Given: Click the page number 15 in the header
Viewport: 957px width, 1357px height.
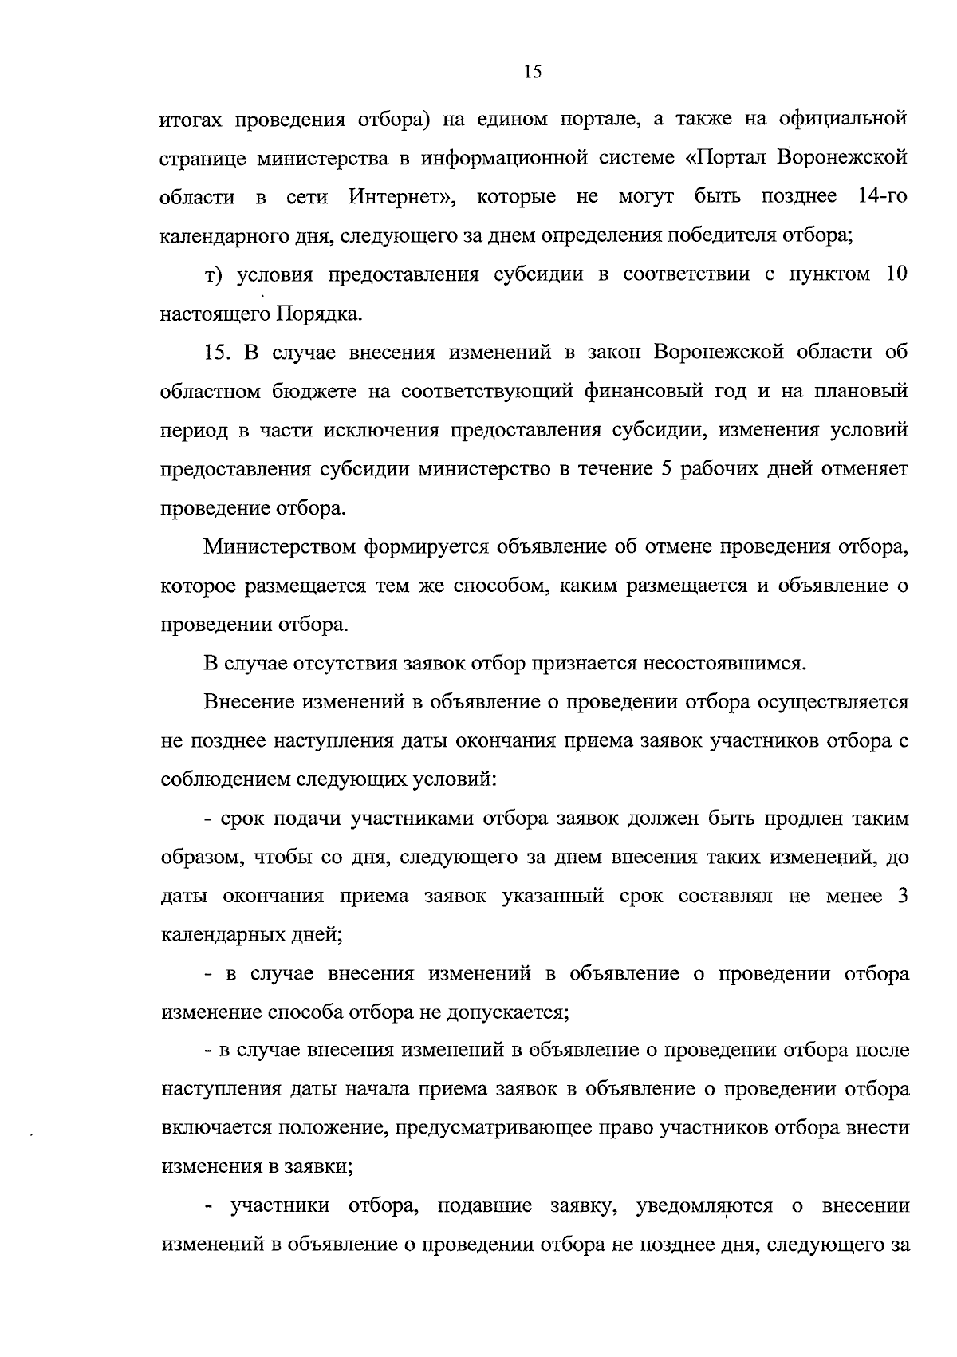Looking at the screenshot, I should coord(533,73).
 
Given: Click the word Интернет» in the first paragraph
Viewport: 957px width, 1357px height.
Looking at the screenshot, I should coord(400,196).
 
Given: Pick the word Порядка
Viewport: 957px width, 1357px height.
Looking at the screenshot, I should coord(319,314).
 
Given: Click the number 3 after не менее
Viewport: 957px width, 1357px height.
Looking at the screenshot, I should coord(903,896).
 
